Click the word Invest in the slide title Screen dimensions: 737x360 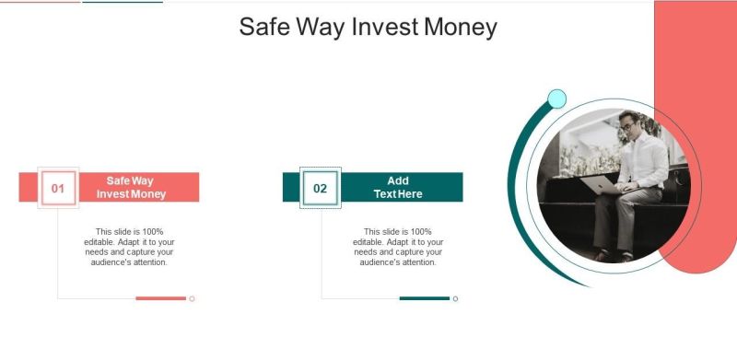(x=384, y=27)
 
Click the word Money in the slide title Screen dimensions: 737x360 (x=461, y=28)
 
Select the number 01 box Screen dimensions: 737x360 (x=58, y=188)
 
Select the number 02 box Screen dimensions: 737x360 (x=321, y=188)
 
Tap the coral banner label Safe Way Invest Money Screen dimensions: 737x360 (x=131, y=187)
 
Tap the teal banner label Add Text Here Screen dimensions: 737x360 (x=398, y=187)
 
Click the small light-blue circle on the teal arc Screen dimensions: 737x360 (x=557, y=99)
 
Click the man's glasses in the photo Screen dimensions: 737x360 (x=626, y=126)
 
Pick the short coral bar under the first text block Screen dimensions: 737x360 (x=160, y=298)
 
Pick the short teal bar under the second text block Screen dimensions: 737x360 (x=425, y=298)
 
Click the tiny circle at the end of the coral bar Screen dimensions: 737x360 (x=192, y=298)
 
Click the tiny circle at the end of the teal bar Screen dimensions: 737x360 (x=455, y=298)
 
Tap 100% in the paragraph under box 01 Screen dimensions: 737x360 (x=153, y=232)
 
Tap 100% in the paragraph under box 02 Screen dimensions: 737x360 (x=421, y=232)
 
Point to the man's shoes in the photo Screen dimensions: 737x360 (x=614, y=256)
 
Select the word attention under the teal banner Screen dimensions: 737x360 (x=416, y=262)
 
